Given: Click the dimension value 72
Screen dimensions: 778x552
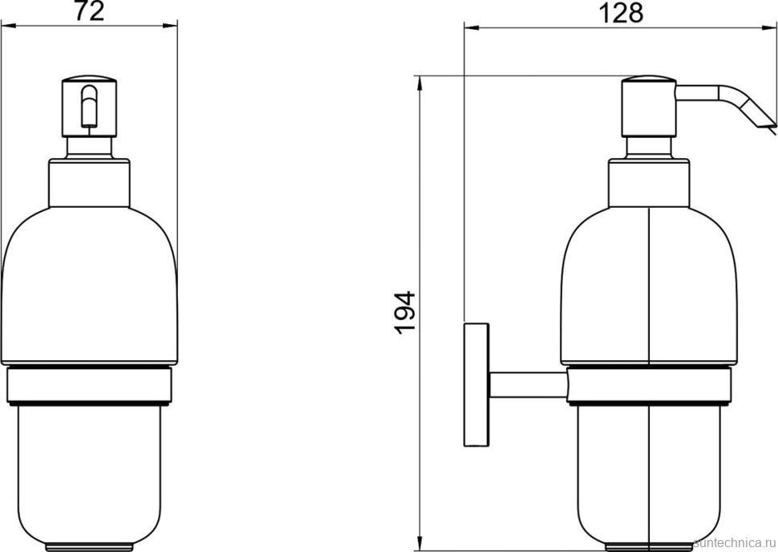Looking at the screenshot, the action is point(90,11).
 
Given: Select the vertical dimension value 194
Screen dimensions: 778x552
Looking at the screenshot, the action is point(405,312).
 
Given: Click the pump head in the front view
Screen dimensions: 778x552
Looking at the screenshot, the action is point(89,108).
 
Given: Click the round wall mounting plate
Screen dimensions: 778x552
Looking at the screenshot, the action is point(476,385).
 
